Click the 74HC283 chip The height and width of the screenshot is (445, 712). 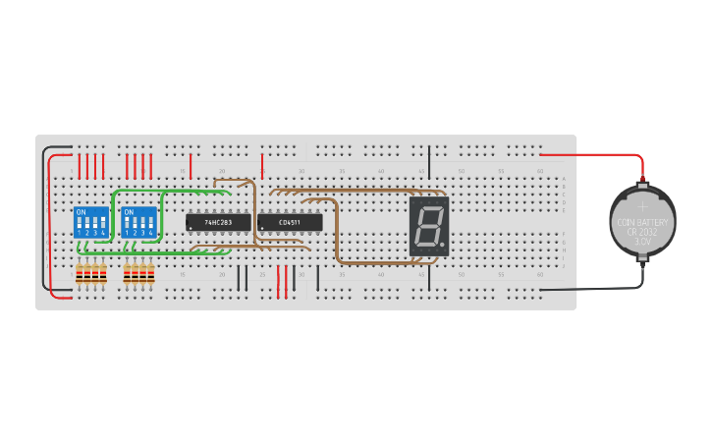(211, 223)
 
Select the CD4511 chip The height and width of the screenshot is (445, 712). (290, 223)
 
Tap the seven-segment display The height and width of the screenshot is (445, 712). (429, 227)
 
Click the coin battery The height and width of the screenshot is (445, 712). (642, 222)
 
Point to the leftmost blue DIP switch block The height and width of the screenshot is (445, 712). (91, 222)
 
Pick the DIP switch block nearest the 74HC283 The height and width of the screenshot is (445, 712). (139, 222)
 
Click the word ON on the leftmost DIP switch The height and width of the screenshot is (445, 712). (81, 211)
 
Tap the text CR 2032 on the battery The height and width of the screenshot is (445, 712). (642, 232)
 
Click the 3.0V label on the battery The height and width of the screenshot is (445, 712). (642, 241)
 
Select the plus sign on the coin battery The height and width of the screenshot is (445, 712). (642, 206)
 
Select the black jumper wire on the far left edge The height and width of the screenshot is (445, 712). (43, 221)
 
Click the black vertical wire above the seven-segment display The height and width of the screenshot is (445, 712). (429, 162)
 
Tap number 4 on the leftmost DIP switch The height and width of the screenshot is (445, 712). (103, 232)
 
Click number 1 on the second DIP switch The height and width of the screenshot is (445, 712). (128, 232)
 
